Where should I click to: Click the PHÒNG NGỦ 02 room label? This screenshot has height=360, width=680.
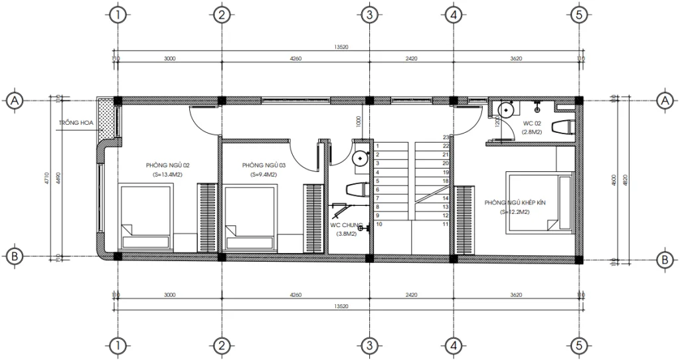point(169,165)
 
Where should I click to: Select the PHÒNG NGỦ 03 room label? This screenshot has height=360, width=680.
point(264,165)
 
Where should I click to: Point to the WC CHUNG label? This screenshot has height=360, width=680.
point(344,225)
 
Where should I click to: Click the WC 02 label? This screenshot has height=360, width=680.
point(533,124)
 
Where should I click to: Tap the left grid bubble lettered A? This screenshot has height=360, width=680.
point(13,100)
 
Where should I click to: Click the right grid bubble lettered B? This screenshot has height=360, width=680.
point(664,259)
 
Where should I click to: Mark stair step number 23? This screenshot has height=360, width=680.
point(446,137)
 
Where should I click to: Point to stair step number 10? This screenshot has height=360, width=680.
point(379,225)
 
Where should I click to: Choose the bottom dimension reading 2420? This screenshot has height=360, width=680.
point(412,294)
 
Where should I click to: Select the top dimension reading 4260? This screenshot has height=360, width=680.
point(296,58)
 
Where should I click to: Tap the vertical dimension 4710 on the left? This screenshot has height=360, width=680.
point(46,178)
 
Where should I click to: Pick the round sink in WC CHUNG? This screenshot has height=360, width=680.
point(360,158)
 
